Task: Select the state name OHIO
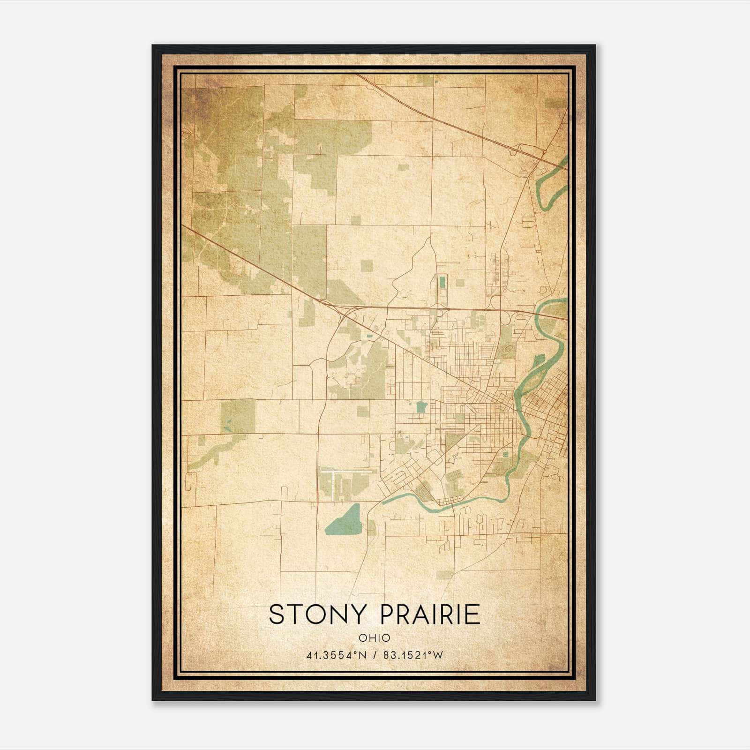(x=375, y=637)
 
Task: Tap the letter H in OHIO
(x=372, y=637)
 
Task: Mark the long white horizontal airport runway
(x=349, y=469)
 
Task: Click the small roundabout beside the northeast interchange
(x=544, y=152)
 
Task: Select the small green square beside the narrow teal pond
(x=460, y=283)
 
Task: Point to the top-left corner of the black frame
(x=153, y=46)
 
